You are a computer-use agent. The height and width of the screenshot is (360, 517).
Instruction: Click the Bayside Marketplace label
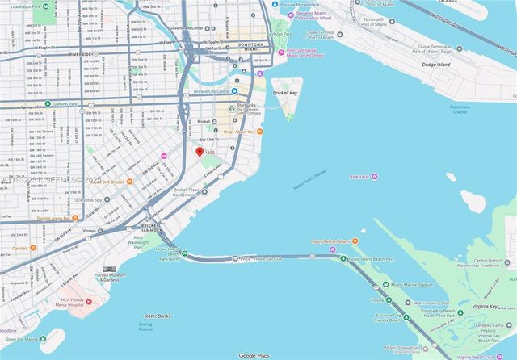[311, 3]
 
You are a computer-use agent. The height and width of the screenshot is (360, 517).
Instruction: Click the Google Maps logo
[258, 355]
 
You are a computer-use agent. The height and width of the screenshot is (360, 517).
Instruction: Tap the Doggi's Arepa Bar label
[56, 218]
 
